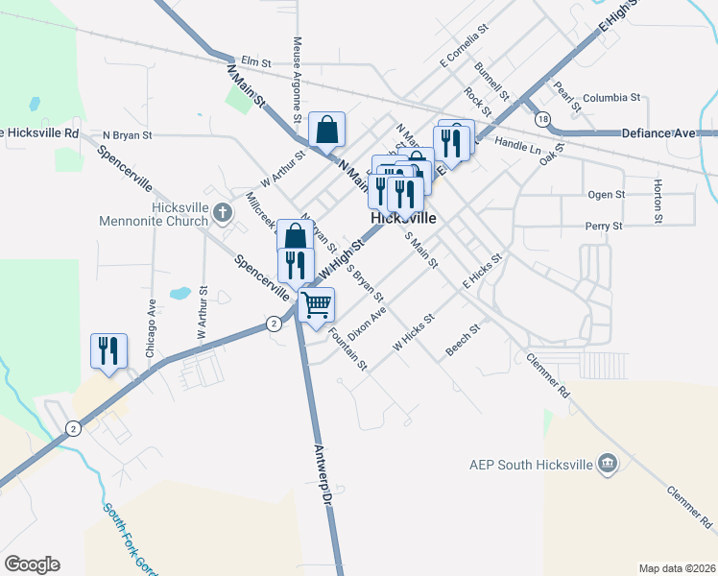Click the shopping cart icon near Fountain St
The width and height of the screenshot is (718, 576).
click(316, 305)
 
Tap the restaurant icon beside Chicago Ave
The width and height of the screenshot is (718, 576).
click(108, 350)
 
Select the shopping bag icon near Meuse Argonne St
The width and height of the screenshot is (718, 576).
click(326, 129)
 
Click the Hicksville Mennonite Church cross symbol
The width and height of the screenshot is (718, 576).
click(223, 211)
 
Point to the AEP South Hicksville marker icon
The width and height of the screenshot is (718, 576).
click(607, 465)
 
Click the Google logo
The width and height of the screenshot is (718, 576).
click(32, 564)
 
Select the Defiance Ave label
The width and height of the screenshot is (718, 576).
click(658, 132)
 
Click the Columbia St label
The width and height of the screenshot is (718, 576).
click(610, 98)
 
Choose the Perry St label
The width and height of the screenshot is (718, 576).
click(604, 226)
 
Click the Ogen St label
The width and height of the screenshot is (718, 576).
click(606, 194)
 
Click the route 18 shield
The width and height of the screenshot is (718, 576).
click(544, 118)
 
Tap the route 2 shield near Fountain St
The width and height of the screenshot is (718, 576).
click(275, 324)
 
